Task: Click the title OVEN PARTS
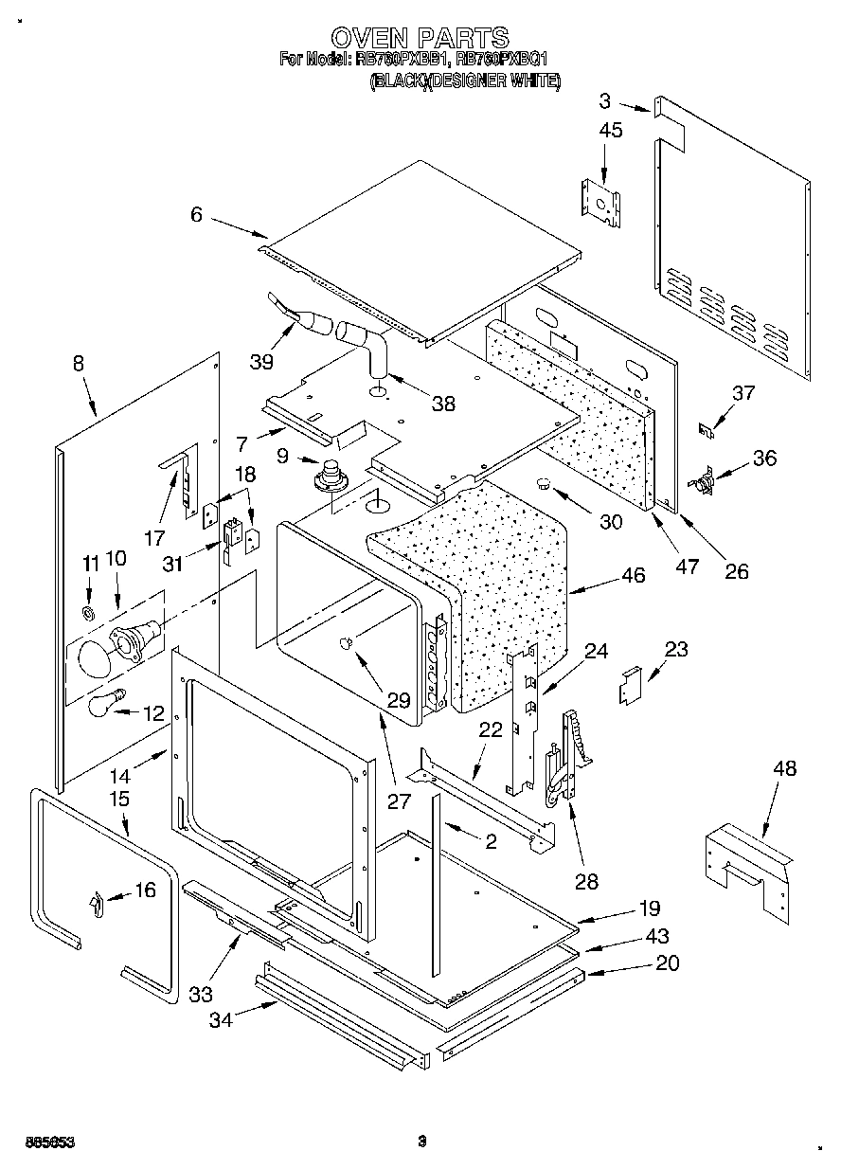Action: click(x=420, y=37)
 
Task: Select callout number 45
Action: click(x=611, y=130)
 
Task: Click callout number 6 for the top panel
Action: click(x=196, y=215)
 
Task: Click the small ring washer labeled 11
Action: click(x=89, y=614)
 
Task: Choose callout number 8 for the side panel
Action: click(x=78, y=363)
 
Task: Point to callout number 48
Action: click(x=784, y=768)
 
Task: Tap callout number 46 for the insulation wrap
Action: click(x=606, y=575)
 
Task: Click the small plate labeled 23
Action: click(x=629, y=684)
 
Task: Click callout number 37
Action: click(x=743, y=393)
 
